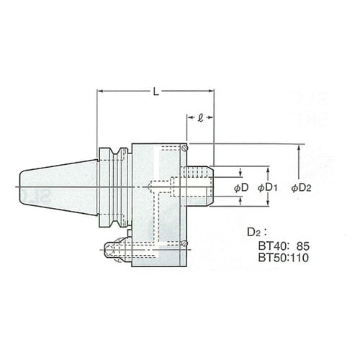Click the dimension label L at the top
pos(156,91)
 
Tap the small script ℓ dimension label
pos(200,117)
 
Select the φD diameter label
pos(241,188)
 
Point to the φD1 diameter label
pos(268,188)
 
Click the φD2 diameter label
pos(302,188)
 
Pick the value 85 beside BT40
pos(303,246)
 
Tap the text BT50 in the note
pos(271,258)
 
